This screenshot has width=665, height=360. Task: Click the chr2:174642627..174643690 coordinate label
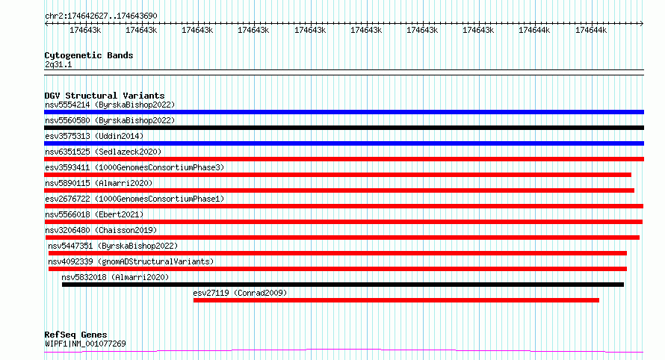[101, 16]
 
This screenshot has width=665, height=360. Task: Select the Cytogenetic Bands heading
[89, 55]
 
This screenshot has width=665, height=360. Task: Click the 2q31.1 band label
[58, 64]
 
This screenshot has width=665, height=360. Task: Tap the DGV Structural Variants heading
[105, 96]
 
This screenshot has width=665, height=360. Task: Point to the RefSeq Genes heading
[75, 335]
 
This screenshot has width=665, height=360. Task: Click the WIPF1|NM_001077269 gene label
[85, 344]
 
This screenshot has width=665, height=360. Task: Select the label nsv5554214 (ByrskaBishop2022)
[110, 105]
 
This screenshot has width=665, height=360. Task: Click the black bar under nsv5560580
[344, 128]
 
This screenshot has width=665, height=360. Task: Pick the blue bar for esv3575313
[344, 143]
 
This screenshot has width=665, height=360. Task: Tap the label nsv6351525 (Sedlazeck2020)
[103, 152]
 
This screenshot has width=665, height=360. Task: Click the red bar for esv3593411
[338, 175]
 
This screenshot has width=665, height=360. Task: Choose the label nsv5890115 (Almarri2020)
[99, 183]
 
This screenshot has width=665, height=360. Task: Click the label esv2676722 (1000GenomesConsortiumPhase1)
[134, 199]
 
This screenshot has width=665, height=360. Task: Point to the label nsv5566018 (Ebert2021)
[94, 214]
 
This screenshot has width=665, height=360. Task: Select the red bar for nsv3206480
[342, 238]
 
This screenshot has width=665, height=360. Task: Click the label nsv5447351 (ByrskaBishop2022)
[113, 246]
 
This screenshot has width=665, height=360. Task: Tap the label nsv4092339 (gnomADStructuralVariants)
[131, 261]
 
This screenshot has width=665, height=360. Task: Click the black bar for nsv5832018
[343, 285]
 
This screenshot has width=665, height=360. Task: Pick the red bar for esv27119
[396, 300]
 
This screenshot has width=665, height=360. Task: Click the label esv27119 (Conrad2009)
[240, 293]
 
